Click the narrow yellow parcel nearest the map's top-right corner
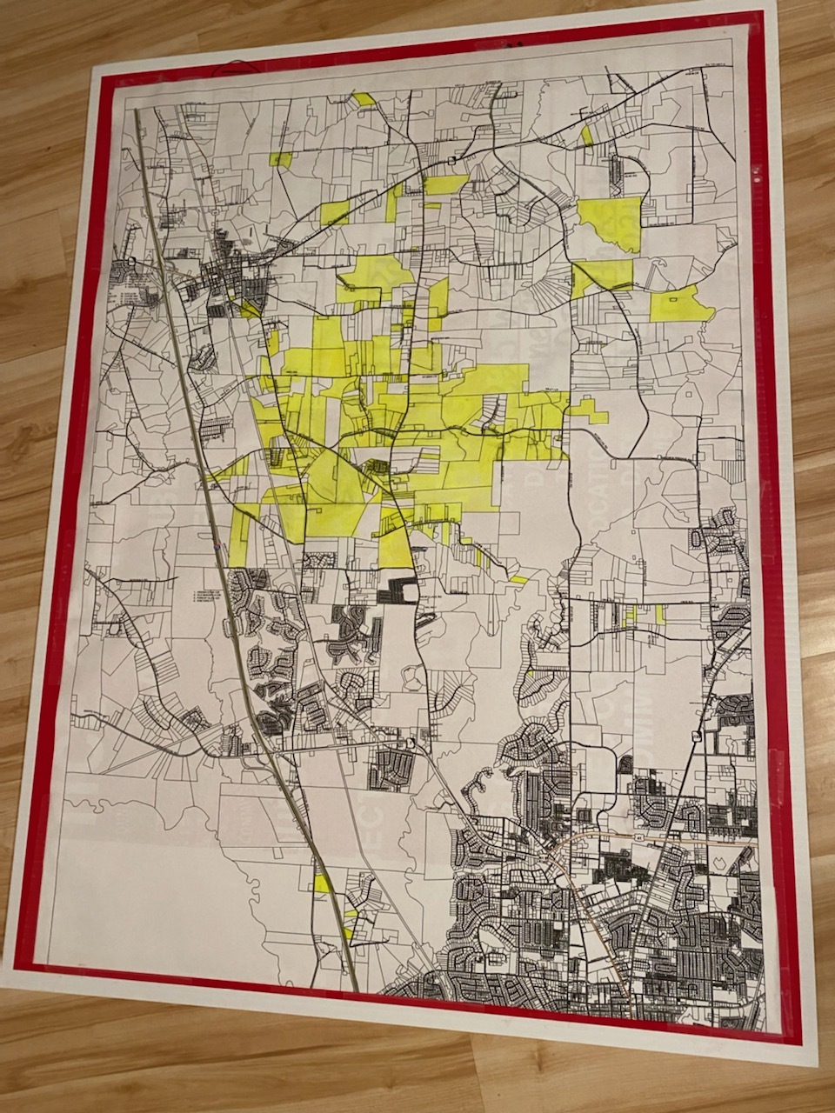click(587, 135)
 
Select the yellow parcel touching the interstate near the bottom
click(322, 883)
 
